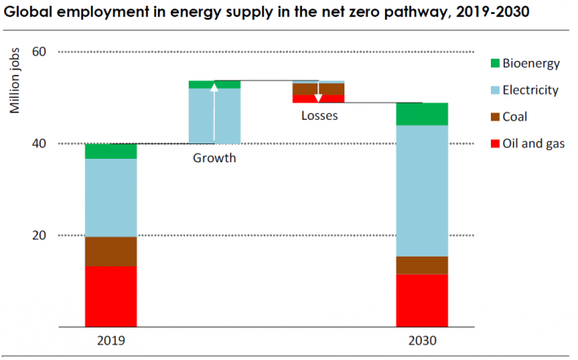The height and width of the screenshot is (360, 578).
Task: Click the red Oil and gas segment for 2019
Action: [x=111, y=296]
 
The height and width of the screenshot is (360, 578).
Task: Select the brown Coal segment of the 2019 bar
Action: [x=111, y=252]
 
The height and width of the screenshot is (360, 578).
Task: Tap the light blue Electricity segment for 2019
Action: [x=111, y=198]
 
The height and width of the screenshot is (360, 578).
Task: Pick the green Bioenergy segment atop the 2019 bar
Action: [x=111, y=151]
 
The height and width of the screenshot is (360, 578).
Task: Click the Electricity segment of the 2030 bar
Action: [x=422, y=191]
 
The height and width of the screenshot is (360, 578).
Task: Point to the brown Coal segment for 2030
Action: [x=422, y=266]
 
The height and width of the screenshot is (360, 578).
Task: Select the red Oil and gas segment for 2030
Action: [x=422, y=301]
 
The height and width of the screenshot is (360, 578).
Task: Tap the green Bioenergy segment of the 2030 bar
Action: [x=422, y=114]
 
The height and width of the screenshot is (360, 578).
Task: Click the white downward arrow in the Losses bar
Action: [x=318, y=91]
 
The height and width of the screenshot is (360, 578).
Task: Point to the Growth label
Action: [x=214, y=158]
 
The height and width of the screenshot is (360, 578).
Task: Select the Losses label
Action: [x=319, y=116]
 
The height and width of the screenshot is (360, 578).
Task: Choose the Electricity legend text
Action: [x=530, y=90]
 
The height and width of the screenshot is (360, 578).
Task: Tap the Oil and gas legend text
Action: [x=533, y=144]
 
